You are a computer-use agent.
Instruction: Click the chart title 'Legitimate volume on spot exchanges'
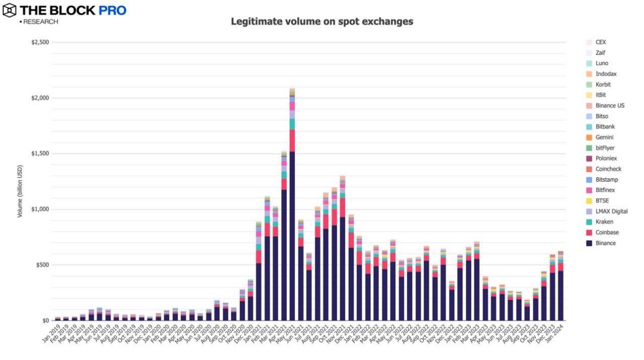tap(322, 22)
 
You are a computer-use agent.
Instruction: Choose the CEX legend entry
tap(600, 42)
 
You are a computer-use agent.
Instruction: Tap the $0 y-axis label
tap(45, 320)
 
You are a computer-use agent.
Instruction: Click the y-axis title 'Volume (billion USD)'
tap(20, 191)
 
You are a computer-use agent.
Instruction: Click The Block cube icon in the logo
tap(9, 10)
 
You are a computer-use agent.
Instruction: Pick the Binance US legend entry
tap(609, 106)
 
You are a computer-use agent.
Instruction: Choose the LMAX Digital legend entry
tap(611, 211)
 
